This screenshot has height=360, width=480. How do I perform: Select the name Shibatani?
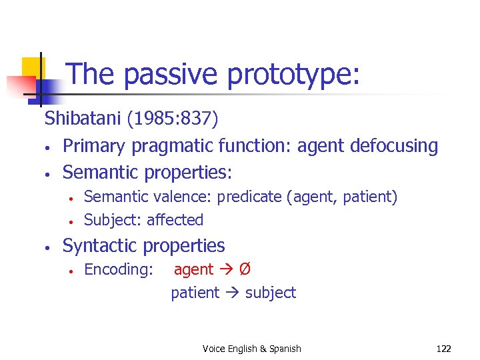coord(79,119)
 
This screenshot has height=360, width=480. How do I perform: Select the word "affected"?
coord(175,220)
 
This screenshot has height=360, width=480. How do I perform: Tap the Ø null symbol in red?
coord(245,270)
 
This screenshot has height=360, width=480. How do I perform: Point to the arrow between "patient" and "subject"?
coord(232,293)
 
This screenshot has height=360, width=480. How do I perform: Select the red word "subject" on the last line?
coord(271,293)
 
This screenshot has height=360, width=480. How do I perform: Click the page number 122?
coord(443,349)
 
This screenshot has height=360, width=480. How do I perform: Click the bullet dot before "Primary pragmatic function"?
coord(48,147)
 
